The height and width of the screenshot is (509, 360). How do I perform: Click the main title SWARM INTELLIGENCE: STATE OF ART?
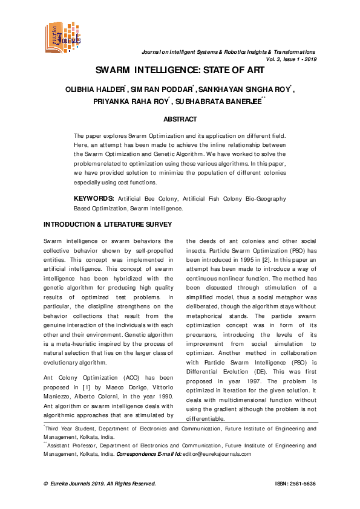click(180, 70)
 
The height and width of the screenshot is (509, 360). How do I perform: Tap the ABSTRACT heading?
click(180, 120)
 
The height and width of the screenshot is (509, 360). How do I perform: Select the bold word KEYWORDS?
click(94, 199)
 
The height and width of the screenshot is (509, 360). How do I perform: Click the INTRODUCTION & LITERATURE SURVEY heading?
click(108, 224)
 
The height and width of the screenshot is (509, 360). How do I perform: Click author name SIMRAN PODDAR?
click(162, 90)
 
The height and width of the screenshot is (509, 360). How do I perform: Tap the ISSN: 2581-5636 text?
click(295, 484)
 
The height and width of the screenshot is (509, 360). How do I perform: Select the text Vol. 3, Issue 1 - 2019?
click(290, 60)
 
